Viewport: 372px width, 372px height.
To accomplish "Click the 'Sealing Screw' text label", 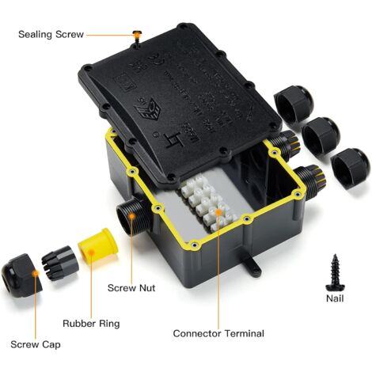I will [51, 35].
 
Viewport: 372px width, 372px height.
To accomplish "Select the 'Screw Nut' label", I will [130, 288].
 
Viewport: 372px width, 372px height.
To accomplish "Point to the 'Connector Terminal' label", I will [218, 333].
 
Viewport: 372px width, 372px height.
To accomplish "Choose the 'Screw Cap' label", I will [35, 344].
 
